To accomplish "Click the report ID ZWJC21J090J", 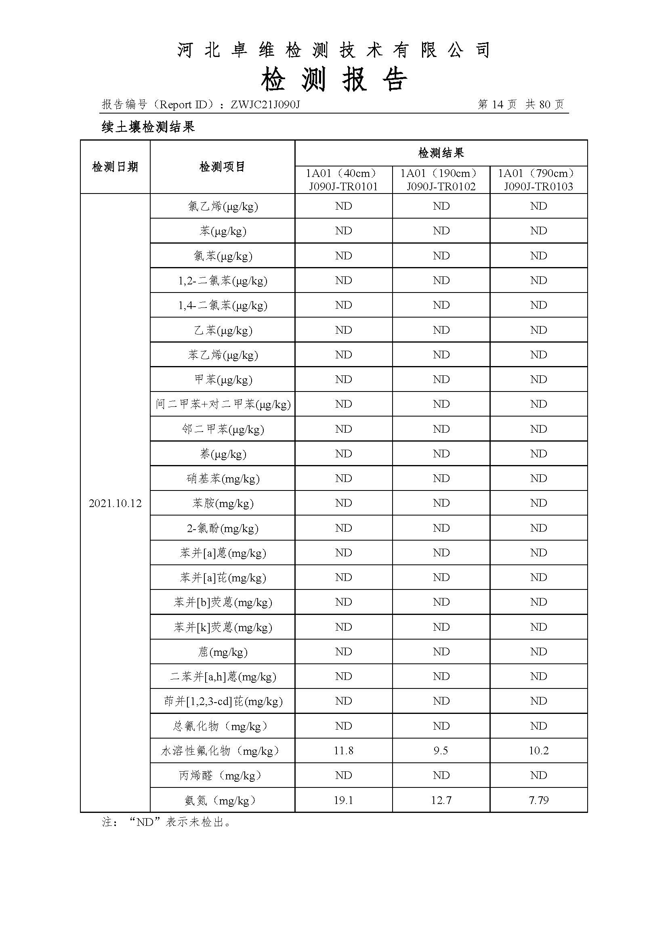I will (x=265, y=105).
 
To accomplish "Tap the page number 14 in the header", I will (x=497, y=105).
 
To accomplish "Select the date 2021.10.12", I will (x=115, y=503).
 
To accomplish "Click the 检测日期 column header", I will (x=115, y=167).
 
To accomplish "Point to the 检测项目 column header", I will (x=222, y=167).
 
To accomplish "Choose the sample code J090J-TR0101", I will (x=343, y=186).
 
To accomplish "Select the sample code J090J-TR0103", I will (x=538, y=186).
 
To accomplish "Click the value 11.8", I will (x=343, y=751).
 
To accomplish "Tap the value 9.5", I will (x=441, y=751).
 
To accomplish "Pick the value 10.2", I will (x=538, y=751).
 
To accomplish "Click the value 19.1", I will (x=343, y=800).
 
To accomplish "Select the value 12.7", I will (x=441, y=800).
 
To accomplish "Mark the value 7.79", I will (x=538, y=800).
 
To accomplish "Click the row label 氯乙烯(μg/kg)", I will (x=223, y=206).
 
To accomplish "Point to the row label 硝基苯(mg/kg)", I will (x=223, y=479).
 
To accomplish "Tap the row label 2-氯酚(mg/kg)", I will (x=223, y=528).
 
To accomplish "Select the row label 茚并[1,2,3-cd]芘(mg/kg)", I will (x=223, y=701).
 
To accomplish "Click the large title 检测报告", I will (x=334, y=79).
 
